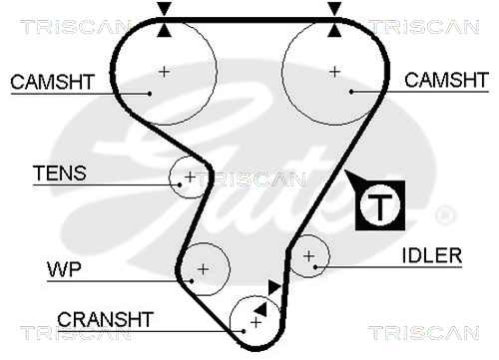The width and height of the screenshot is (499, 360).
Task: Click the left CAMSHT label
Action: point(53,82)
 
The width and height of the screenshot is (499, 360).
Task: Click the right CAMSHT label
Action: point(446,80)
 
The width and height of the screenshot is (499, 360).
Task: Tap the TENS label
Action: point(60,173)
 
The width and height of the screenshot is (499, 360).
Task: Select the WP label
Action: point(64,269)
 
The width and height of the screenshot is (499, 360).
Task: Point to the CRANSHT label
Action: point(105,319)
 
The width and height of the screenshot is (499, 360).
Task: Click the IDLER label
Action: point(432,255)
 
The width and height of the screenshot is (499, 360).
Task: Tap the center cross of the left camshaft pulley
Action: point(164,72)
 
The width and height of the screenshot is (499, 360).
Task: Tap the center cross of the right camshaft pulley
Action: point(334,72)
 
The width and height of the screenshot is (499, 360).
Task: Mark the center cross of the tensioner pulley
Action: point(190,177)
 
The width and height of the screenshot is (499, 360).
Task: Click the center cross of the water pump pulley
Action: point(203,269)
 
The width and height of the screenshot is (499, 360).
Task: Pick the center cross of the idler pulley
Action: point(309,256)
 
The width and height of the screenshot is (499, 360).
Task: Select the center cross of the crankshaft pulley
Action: point(255,322)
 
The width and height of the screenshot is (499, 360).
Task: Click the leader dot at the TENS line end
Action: point(180,184)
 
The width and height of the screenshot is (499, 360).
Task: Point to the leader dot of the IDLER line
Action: point(315,266)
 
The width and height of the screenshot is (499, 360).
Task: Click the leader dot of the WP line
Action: point(192,281)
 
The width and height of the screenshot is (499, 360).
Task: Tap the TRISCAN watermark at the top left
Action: point(76,27)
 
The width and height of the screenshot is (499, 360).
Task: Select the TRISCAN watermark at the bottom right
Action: point(424,333)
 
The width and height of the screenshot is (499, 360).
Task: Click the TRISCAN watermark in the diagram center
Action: point(250,180)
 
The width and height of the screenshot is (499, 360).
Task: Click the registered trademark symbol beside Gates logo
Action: point(445,214)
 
